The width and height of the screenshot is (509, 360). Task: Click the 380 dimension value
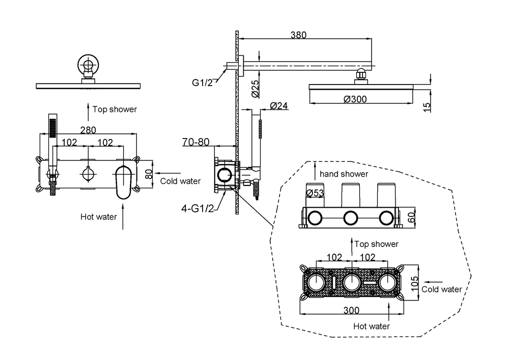298,35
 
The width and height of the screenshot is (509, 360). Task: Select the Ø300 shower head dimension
355,99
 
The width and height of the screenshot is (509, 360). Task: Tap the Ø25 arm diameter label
256,89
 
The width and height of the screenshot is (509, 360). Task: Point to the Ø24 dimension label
279,106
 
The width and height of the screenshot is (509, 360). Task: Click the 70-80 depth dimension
196,142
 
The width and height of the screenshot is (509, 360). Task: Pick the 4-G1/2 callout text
197,208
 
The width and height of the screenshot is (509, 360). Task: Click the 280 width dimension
88,130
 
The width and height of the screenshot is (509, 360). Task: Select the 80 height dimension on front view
149,174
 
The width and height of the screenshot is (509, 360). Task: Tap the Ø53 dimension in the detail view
315,193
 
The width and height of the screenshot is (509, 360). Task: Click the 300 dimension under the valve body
351,310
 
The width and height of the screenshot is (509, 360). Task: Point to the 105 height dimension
415,284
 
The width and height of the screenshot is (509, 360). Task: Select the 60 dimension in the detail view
411,217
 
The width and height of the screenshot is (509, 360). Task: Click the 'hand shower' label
344,174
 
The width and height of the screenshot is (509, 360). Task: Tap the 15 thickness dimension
427,107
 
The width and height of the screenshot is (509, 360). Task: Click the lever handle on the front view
123,182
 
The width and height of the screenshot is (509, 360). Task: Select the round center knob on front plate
88,174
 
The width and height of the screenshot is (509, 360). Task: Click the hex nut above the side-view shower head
361,74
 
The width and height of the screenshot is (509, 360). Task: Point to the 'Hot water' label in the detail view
372,326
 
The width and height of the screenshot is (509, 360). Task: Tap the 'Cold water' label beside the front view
181,181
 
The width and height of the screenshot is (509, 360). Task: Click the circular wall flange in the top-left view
88,64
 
